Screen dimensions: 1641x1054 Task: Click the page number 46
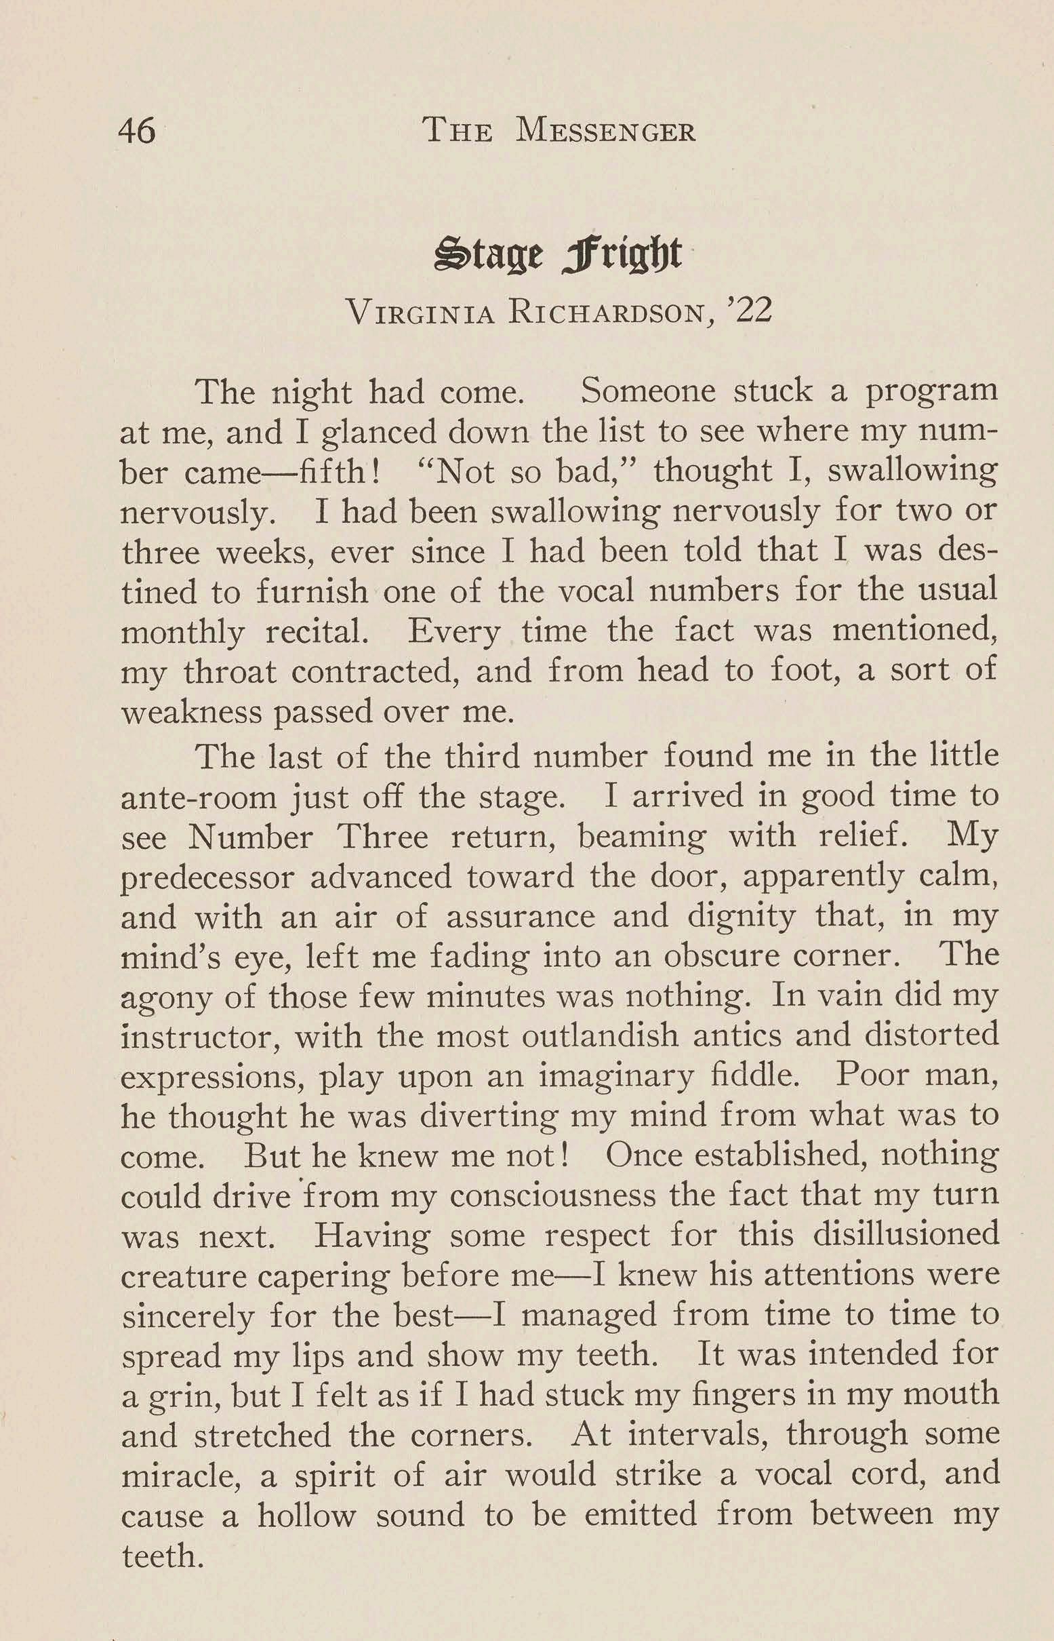137,130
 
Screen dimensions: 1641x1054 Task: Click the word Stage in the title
489,254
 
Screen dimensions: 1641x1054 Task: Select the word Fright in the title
622,254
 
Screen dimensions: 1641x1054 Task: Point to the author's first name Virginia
420,312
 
